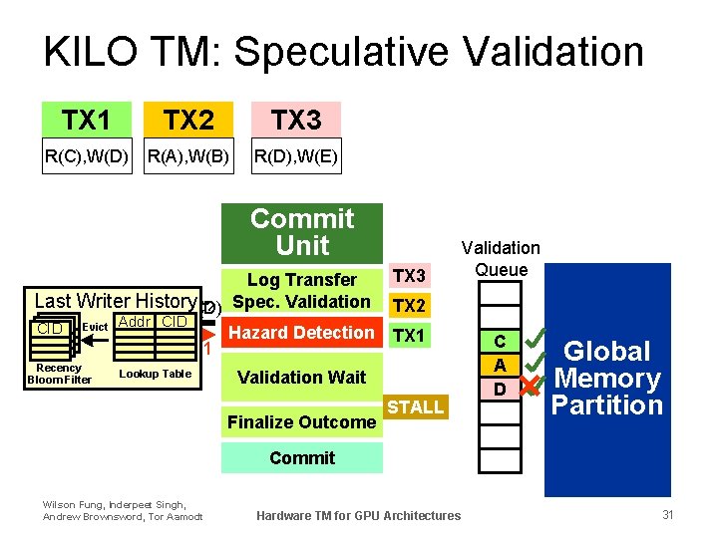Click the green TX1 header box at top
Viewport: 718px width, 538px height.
(x=86, y=120)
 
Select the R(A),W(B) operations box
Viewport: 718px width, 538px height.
(x=188, y=155)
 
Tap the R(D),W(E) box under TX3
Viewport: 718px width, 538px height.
(x=296, y=155)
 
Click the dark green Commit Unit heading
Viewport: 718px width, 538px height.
(x=302, y=232)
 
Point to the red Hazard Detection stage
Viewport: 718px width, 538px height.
(x=301, y=333)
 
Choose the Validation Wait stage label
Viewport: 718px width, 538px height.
(x=301, y=377)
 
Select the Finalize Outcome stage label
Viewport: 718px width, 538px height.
(x=301, y=421)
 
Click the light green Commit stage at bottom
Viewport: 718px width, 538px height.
(x=301, y=457)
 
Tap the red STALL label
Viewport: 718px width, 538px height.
(x=415, y=406)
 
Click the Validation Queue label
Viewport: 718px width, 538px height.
(x=501, y=259)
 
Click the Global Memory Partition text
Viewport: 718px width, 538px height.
(x=607, y=379)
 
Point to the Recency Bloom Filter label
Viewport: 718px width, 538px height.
(x=59, y=374)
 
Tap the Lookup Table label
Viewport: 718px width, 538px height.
(x=155, y=373)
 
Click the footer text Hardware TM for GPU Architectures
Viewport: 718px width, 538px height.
(x=358, y=515)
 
